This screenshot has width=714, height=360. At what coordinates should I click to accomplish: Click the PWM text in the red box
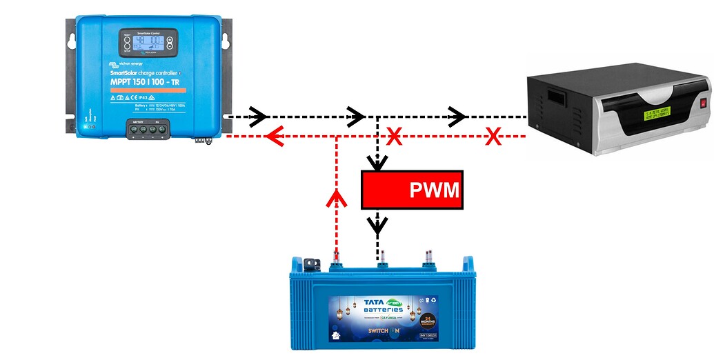click(434, 190)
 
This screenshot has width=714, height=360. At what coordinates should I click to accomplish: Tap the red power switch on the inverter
click(704, 106)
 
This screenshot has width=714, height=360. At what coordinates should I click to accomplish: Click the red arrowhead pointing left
click(275, 137)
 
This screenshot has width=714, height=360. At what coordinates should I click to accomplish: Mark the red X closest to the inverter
click(493, 137)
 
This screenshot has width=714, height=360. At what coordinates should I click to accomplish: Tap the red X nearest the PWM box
click(395, 137)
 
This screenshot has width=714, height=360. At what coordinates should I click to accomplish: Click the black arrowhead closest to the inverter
click(457, 117)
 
